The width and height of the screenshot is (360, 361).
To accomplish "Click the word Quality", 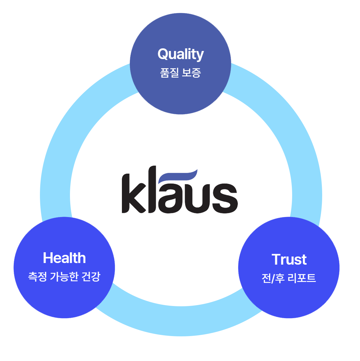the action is [180, 55].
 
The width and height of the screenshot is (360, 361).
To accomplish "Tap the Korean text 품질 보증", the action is [180, 73].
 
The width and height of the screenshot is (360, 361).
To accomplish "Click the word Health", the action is [64, 258].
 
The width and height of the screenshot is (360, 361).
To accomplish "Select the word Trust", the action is [289, 259].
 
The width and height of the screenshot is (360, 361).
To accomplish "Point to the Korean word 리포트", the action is [301, 278].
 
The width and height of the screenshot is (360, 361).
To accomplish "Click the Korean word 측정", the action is [37, 277].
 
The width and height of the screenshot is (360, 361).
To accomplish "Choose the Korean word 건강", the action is [91, 277].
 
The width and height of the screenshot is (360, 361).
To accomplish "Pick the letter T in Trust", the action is [276, 259].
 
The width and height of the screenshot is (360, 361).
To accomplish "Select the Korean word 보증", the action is [191, 73].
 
